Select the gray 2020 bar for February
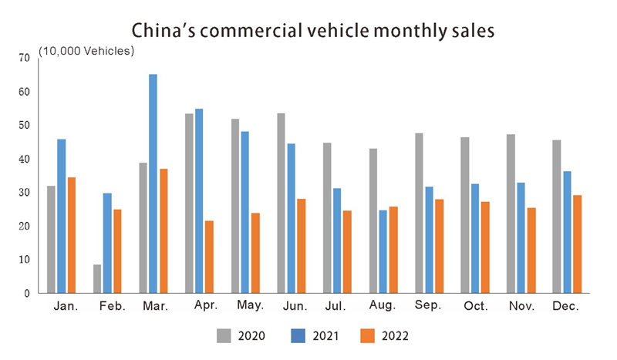point(96,278)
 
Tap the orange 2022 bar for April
point(209,257)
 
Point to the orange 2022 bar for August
point(393,250)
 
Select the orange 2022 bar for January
point(72,235)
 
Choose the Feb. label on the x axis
point(112,306)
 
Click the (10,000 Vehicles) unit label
point(86,52)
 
